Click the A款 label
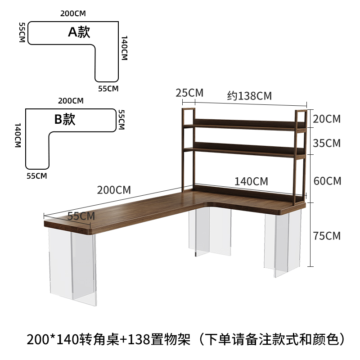coord(79,32)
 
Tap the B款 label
coord(65,120)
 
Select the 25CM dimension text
coord(189,93)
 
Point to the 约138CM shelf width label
coord(249,96)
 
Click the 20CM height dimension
coord(327,119)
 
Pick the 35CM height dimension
coord(327,144)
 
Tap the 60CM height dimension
coord(327,181)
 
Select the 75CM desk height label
coord(327,236)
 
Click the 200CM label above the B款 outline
coord(71,100)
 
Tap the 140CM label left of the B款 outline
coord(18,135)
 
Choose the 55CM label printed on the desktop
coord(81,216)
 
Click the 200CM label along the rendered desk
coord(114,190)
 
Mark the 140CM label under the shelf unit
coord(251,181)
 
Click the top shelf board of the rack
coord(245,125)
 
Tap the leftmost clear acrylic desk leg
coord(72,265)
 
